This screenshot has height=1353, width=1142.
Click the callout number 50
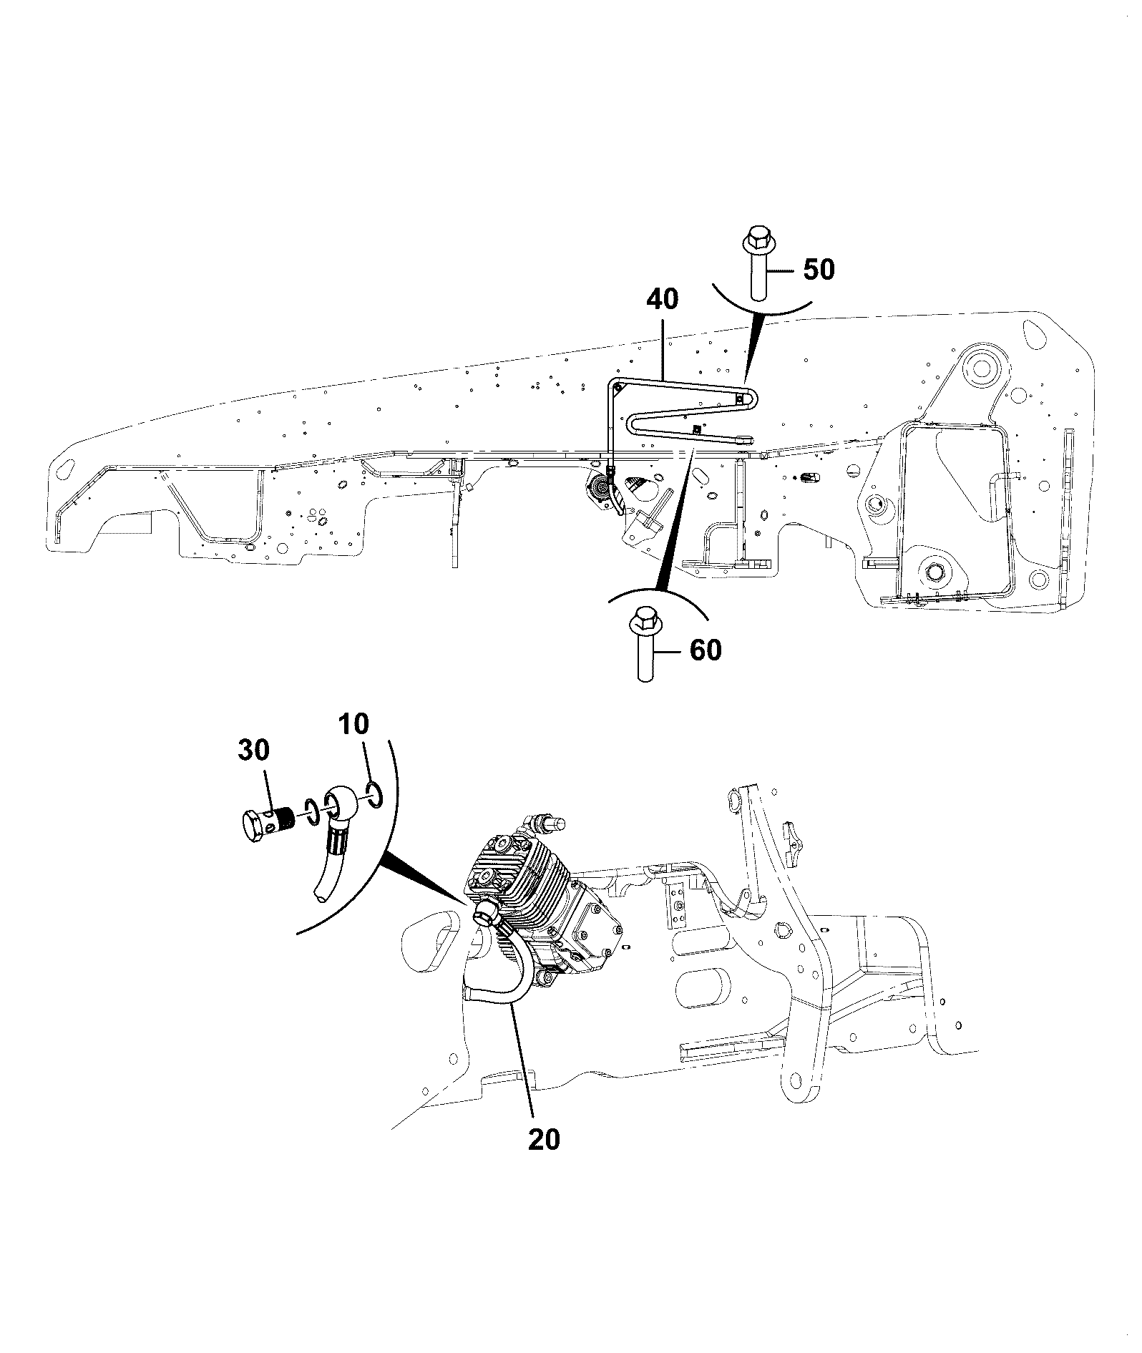[819, 270]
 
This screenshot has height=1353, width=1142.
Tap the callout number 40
[663, 299]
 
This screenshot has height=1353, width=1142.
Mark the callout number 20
[544, 1139]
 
